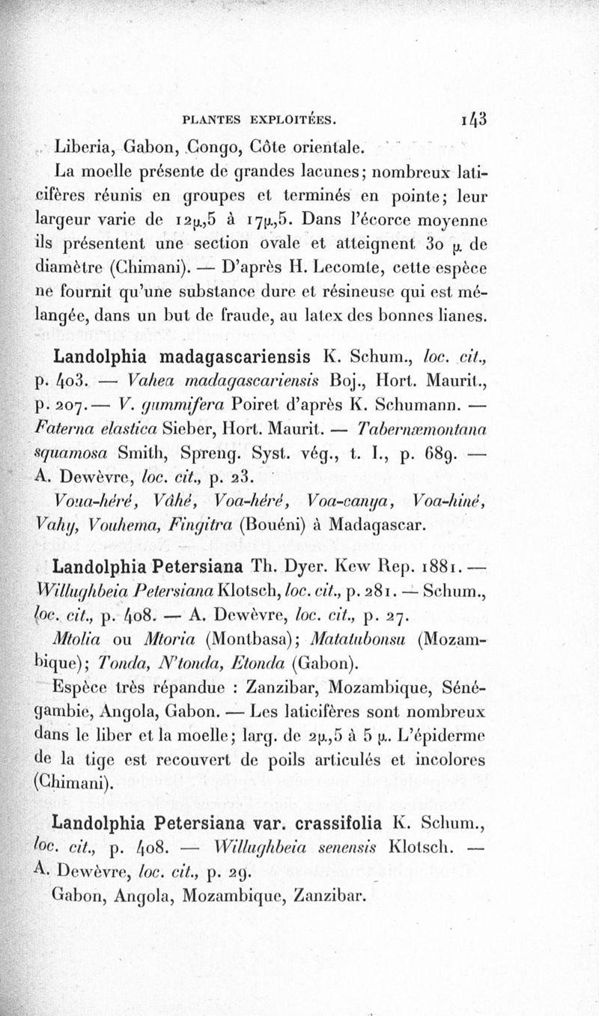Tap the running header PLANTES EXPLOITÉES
pyautogui.click(x=260, y=118)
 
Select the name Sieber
pyautogui.click(x=199, y=431)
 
